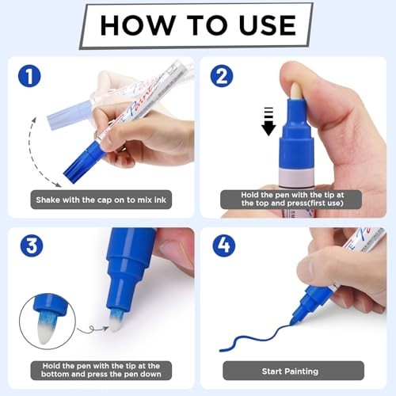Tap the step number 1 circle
tap(29, 76)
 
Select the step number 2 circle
tap(222, 76)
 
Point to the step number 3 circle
tap(32, 246)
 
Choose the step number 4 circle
tap(224, 246)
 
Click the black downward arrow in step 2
tap(268, 121)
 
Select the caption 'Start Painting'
tap(290, 371)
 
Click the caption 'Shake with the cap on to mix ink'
tap(101, 200)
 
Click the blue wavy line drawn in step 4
tap(255, 338)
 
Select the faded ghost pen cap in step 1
tap(70, 116)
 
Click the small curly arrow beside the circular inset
tap(93, 329)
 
